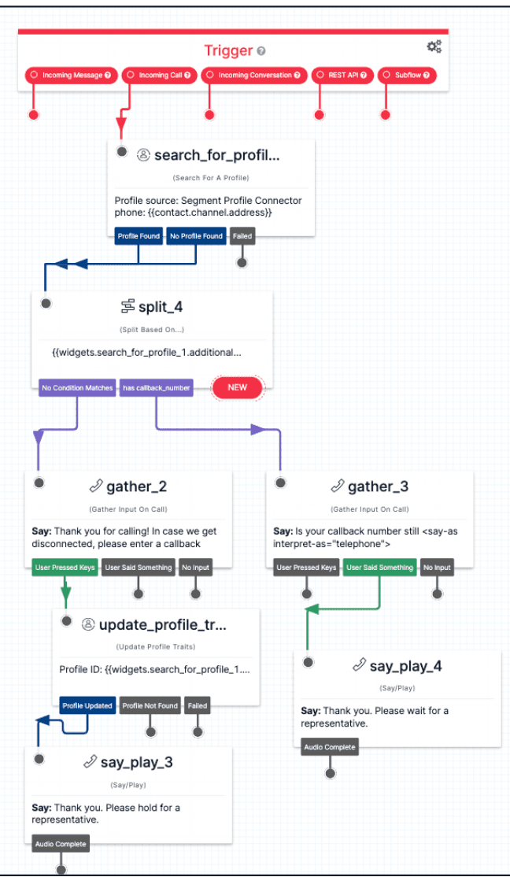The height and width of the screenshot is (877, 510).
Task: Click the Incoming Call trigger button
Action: pos(160,76)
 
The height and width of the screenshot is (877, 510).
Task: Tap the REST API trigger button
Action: pos(342,76)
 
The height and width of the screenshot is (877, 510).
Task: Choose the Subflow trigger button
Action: pos(407,76)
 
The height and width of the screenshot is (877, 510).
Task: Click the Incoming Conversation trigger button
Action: pos(253,76)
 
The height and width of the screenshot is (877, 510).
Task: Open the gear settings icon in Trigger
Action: pos(434,47)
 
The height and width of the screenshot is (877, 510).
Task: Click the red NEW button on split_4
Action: pos(237,387)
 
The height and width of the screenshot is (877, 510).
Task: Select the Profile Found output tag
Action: pos(139,235)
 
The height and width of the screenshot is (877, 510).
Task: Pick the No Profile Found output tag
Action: pos(196,235)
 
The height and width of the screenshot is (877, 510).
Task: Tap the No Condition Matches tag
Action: pos(77,387)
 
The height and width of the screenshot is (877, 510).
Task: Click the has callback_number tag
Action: pos(157,387)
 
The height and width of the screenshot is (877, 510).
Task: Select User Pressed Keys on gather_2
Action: pos(65,568)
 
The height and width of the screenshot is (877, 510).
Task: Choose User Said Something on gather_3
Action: pos(380,568)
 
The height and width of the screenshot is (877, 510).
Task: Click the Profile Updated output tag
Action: pos(87,705)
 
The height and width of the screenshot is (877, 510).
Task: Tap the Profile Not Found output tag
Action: pos(150,705)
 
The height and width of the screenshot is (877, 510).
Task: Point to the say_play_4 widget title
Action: pos(405,667)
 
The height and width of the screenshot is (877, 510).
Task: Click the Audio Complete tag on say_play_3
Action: pos(61,844)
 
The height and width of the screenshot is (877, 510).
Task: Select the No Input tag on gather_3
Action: pos(437,568)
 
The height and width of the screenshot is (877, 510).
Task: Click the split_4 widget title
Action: pos(161,306)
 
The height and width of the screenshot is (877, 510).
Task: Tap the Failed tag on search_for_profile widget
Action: pos(242,235)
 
